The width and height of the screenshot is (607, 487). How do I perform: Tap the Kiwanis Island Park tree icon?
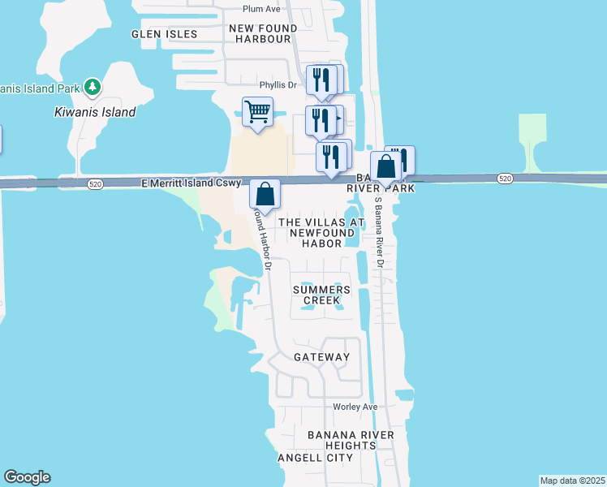(x=93, y=87)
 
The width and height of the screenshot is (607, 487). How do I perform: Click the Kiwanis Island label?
(x=95, y=113)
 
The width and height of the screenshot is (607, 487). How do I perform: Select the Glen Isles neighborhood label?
(x=165, y=34)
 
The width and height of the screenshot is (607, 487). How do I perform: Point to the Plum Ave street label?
(x=261, y=9)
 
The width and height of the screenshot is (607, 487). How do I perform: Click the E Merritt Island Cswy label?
(x=191, y=184)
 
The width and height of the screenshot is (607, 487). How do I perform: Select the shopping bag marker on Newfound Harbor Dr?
(x=265, y=194)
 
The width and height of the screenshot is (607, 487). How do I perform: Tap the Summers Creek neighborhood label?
(x=321, y=295)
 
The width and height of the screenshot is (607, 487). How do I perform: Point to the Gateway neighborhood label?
(x=321, y=357)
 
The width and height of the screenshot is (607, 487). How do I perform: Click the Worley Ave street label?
(x=355, y=407)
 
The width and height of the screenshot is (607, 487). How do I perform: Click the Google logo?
(x=27, y=477)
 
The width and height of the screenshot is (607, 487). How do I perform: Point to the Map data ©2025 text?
(x=573, y=481)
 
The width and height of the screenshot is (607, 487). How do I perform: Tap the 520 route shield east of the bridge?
(x=505, y=178)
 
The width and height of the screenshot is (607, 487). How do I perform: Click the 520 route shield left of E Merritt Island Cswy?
(x=96, y=184)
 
